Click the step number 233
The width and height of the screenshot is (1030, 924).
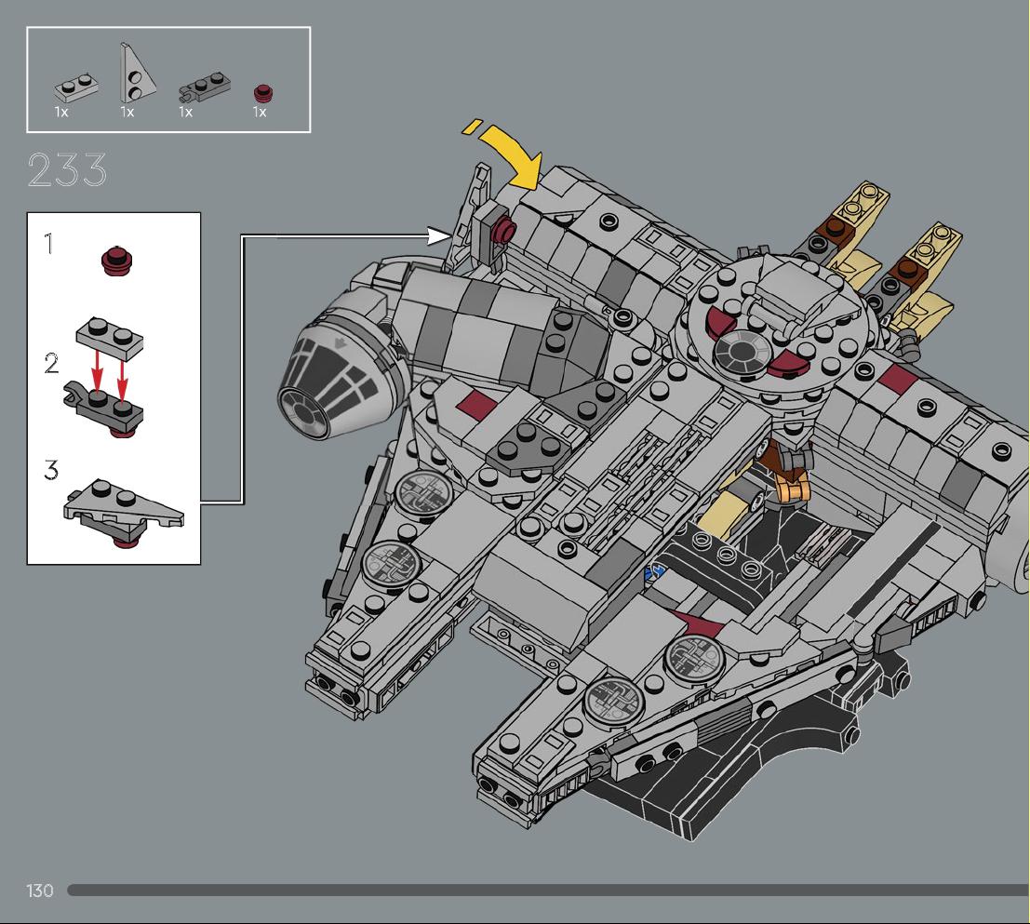coord(67,170)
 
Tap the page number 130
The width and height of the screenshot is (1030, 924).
coord(39,891)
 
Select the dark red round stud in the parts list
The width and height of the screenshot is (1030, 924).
coord(263,93)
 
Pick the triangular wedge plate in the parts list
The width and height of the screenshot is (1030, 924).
coord(136,73)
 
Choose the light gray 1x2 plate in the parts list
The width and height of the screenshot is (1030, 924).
coord(76,87)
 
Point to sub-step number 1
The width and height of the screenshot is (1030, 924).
coord(48,244)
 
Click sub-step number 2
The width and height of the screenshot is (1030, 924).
coord(51,363)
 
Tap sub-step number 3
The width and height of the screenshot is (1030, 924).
coord(51,470)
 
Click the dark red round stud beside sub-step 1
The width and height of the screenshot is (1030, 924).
coord(117,261)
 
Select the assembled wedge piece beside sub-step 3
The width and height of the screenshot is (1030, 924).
coord(124,511)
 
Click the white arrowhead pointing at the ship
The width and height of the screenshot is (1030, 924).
coord(439,235)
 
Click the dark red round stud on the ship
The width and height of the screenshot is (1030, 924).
coord(505,229)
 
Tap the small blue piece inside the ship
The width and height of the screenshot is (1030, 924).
coord(657,569)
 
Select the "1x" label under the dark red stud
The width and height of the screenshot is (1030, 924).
coord(260,113)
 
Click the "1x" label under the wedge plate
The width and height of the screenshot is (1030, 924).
coord(127,113)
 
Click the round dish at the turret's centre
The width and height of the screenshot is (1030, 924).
coord(742,352)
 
